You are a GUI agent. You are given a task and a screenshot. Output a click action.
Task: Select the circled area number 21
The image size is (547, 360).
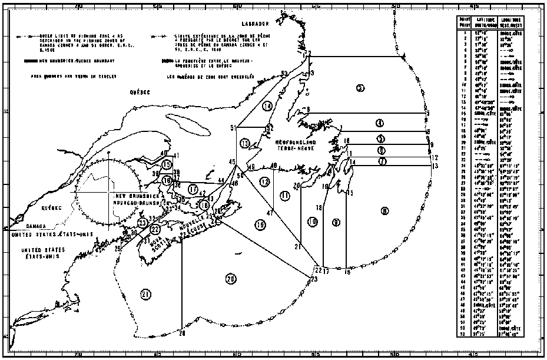[145, 294]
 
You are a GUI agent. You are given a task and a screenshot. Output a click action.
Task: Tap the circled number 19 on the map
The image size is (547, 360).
[260, 223]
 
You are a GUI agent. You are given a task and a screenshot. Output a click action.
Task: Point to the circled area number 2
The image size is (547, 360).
[360, 88]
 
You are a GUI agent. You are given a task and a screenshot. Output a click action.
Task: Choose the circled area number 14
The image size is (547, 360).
[267, 106]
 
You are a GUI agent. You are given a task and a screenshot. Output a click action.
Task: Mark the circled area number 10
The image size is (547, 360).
[312, 222]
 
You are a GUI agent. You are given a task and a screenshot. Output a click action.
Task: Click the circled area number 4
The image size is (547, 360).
[380, 123]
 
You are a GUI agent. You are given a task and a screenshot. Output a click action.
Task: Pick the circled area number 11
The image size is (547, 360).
[286, 195]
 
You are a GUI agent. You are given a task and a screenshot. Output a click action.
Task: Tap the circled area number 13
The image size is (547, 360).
[245, 143]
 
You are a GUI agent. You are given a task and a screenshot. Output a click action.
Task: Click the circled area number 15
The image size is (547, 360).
[167, 164]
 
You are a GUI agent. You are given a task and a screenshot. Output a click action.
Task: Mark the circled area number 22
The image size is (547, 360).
[155, 229]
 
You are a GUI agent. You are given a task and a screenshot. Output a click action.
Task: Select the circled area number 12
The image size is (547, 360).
[265, 181]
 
